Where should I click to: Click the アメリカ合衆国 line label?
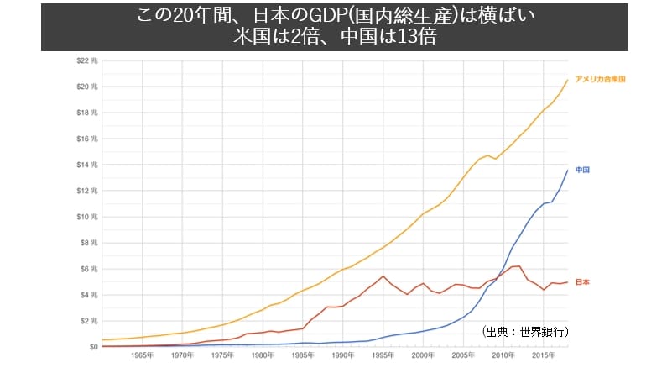pos(600,79)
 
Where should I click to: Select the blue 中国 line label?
pos(582,170)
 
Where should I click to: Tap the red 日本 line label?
pos(582,282)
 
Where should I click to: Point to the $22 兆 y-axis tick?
pos(87,60)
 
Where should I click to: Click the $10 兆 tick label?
pos(87,217)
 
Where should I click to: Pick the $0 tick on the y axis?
pos(94,347)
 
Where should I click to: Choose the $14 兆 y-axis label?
pos(87,165)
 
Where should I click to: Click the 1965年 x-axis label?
pos(142,355)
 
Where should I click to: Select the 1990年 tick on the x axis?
pos(343,355)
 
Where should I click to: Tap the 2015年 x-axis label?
pos(543,355)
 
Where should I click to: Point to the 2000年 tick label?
pos(423,355)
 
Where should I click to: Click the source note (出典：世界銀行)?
pos(525,332)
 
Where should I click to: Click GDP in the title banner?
pos(326,16)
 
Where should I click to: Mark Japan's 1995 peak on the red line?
pos(383,276)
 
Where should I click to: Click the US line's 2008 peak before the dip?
pos(487,155)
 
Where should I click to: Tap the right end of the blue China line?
pos(567,171)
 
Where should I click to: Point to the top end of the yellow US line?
pos(567,80)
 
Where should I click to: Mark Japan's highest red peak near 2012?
pos(519,266)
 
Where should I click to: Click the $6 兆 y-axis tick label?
pos(89,269)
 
